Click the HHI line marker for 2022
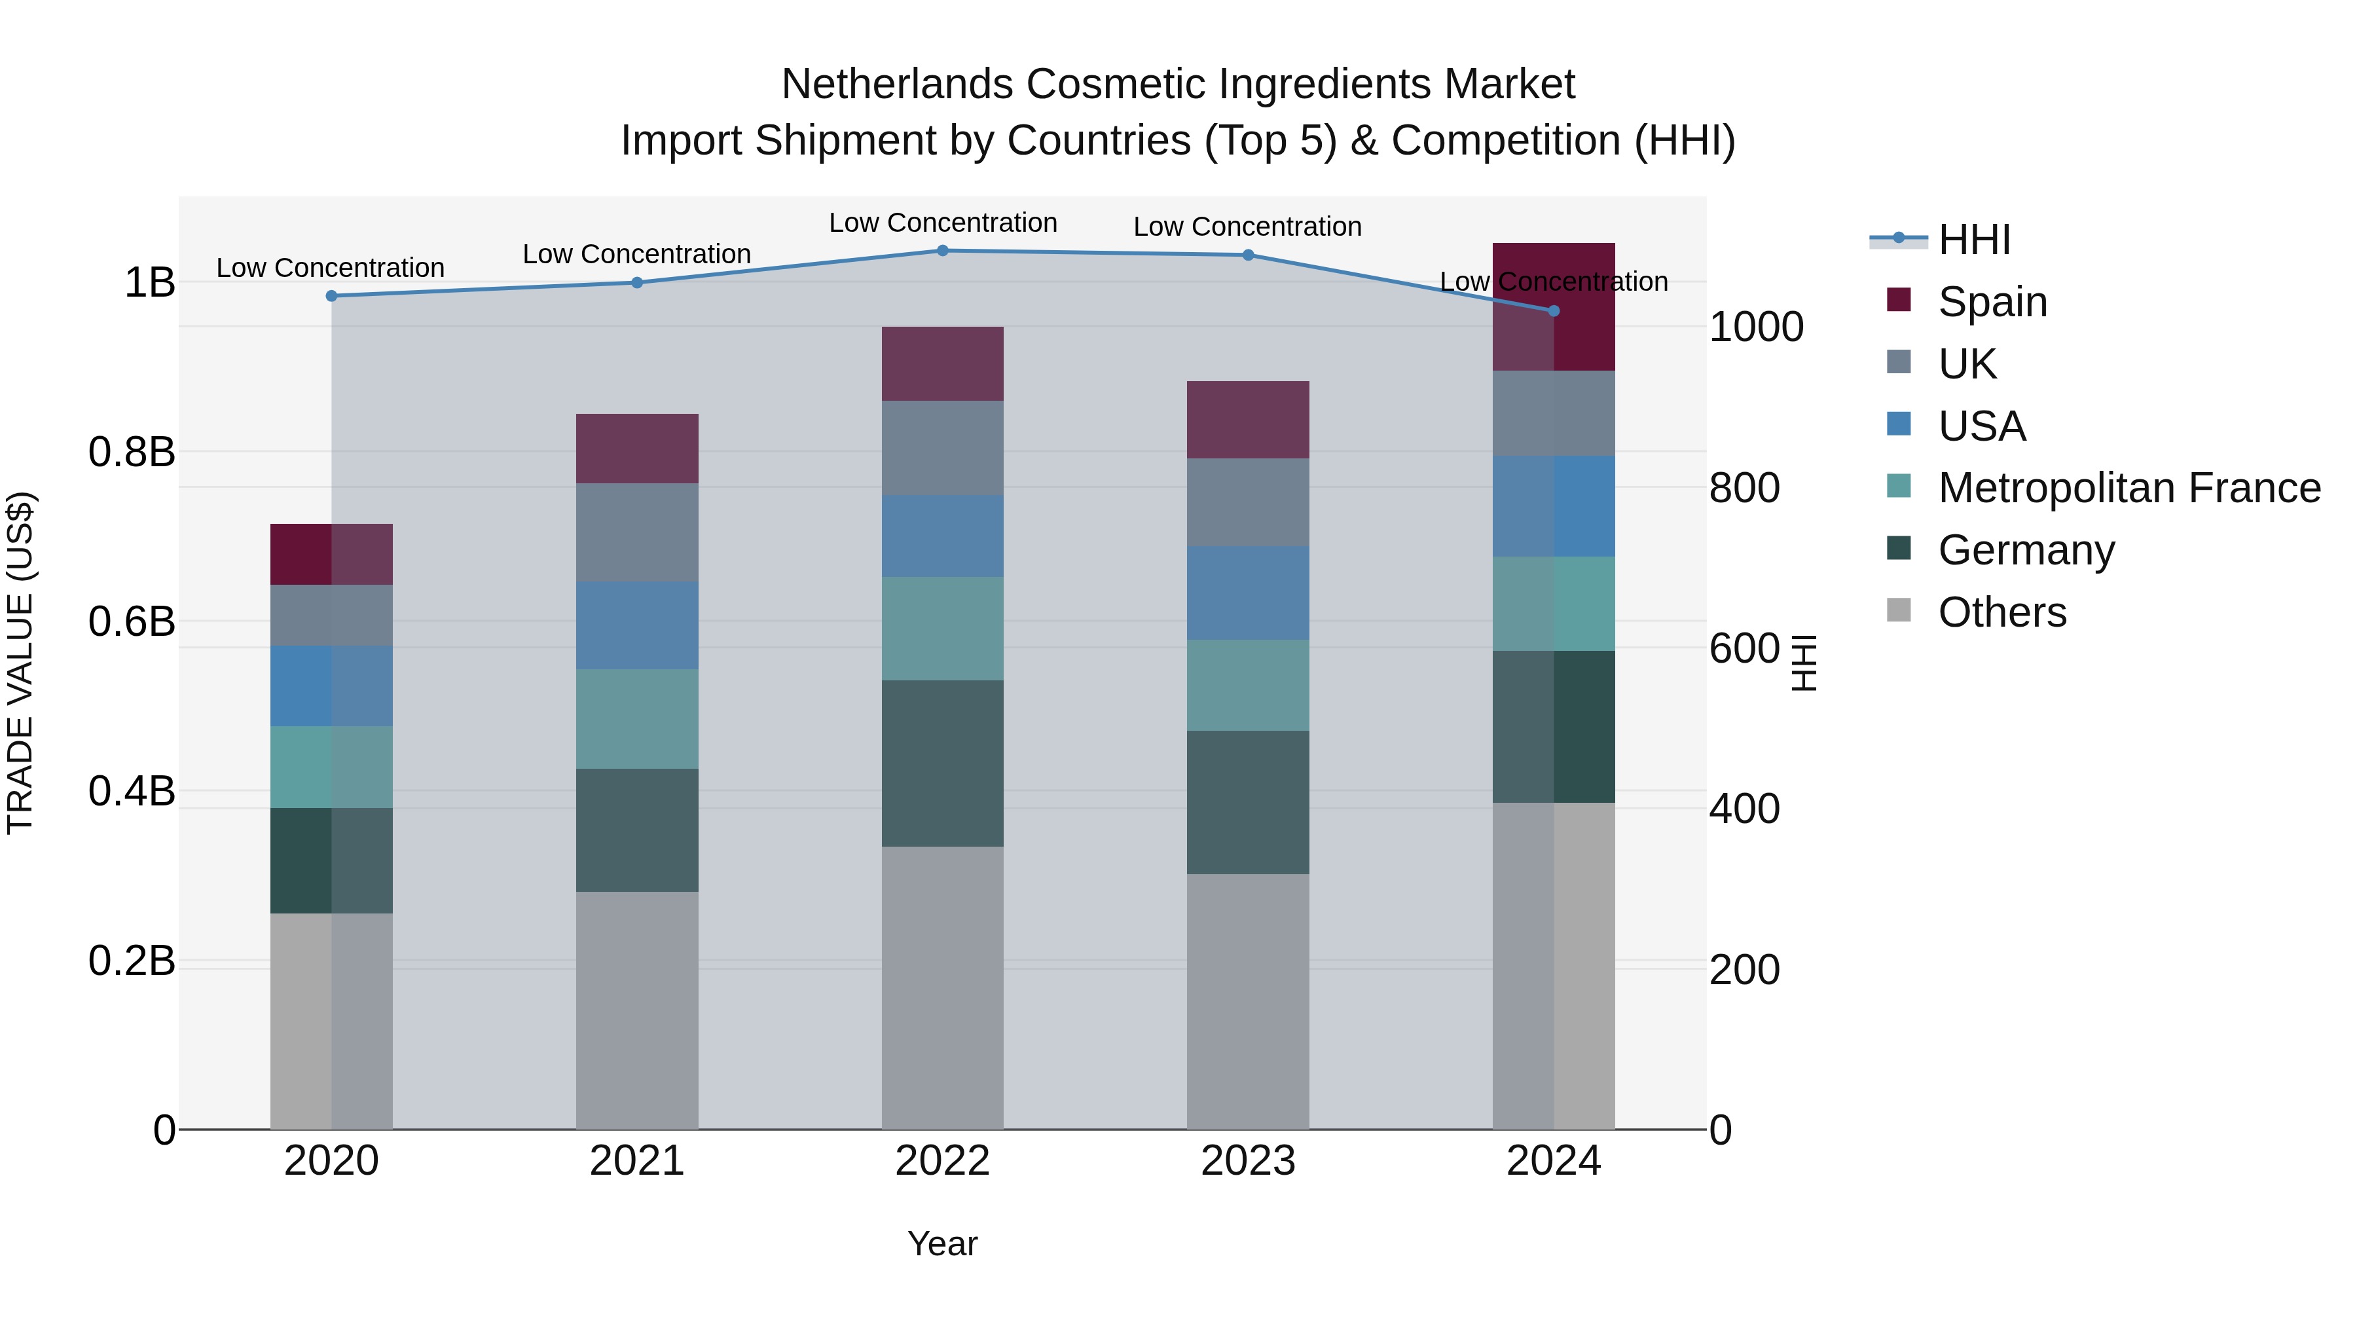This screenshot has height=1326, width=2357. click(x=942, y=251)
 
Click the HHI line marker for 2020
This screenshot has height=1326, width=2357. click(x=331, y=295)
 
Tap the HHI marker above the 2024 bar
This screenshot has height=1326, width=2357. click(x=1553, y=311)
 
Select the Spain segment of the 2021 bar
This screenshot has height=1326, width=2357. click(x=637, y=449)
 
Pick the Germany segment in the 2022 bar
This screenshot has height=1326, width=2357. click(x=942, y=764)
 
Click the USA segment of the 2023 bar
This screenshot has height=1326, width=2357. click(x=1248, y=593)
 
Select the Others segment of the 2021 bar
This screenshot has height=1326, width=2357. click(x=637, y=1010)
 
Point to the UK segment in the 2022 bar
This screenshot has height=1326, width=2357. click(x=942, y=449)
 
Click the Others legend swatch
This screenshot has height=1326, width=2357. click(x=1899, y=610)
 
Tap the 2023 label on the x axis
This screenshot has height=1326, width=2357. click(x=1248, y=1161)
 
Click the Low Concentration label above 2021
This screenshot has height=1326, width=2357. click(x=637, y=255)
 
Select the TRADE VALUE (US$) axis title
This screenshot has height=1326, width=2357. click(x=20, y=663)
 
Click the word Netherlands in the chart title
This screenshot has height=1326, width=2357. click(x=897, y=84)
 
